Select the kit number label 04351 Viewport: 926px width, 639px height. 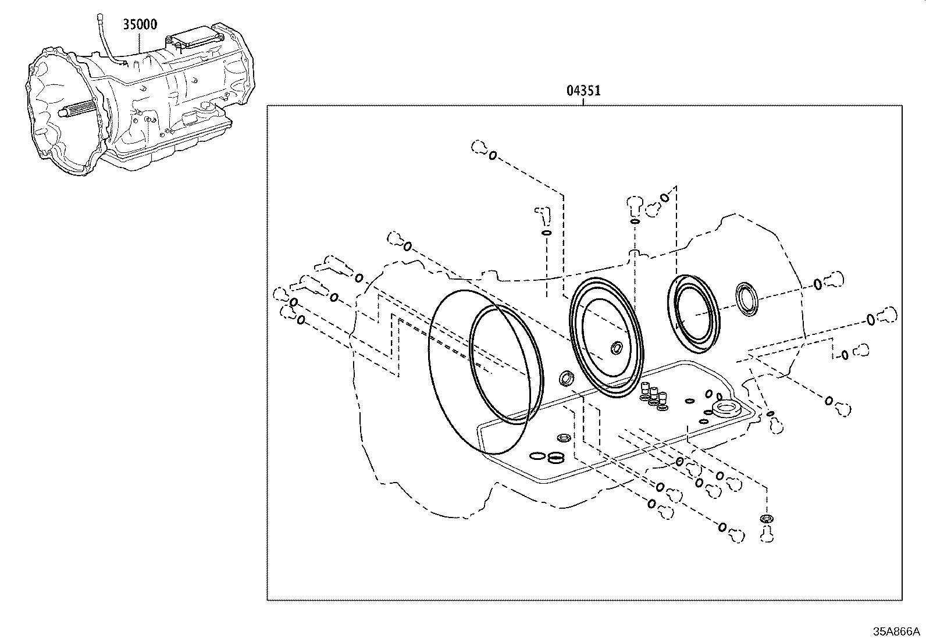coord(583,91)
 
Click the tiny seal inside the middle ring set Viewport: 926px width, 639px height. coord(615,348)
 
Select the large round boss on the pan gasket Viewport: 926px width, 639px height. coord(725,408)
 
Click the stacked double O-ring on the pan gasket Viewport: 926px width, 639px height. coord(556,458)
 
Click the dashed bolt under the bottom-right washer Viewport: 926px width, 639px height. coord(767,533)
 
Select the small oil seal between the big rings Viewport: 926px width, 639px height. coord(567,379)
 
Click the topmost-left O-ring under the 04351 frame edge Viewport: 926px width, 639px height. coord(492,156)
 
